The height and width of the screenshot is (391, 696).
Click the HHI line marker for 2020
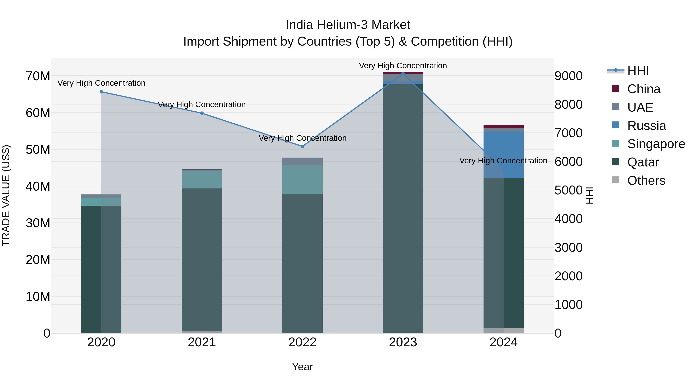click(x=101, y=92)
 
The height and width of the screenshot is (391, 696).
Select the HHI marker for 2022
click(x=302, y=146)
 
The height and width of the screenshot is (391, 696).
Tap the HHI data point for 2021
click(x=202, y=113)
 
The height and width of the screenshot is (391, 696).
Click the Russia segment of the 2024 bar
click(x=503, y=155)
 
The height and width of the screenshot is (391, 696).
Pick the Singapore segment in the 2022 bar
click(x=302, y=180)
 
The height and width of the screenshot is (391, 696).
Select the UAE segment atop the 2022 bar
click(x=302, y=161)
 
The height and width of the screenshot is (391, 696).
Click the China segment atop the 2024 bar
click(x=503, y=126)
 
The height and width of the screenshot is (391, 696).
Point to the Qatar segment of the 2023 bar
click(x=403, y=208)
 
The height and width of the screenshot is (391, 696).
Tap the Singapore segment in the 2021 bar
click(x=202, y=179)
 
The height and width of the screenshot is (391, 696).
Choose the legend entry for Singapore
click(x=656, y=144)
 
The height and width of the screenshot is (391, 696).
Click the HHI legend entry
click(x=638, y=71)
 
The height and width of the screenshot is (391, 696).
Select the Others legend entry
click(x=646, y=181)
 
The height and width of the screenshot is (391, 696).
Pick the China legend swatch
click(x=616, y=88)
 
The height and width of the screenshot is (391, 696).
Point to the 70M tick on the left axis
click(x=38, y=76)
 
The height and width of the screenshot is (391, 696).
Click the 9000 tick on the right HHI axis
click(x=568, y=76)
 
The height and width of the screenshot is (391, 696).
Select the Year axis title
click(x=302, y=367)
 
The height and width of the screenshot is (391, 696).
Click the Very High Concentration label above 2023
click(x=403, y=66)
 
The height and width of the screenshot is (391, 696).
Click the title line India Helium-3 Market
click(x=348, y=25)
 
